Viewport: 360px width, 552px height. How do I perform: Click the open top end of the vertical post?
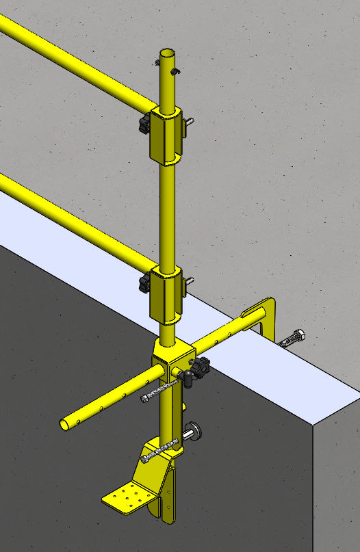pyautogui.click(x=168, y=53)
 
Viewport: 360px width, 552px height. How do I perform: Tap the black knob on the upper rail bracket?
pyautogui.click(x=144, y=124)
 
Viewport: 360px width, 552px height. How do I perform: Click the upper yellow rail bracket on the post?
pyautogui.click(x=167, y=133)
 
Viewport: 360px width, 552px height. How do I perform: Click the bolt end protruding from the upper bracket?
pyautogui.click(x=190, y=122)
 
